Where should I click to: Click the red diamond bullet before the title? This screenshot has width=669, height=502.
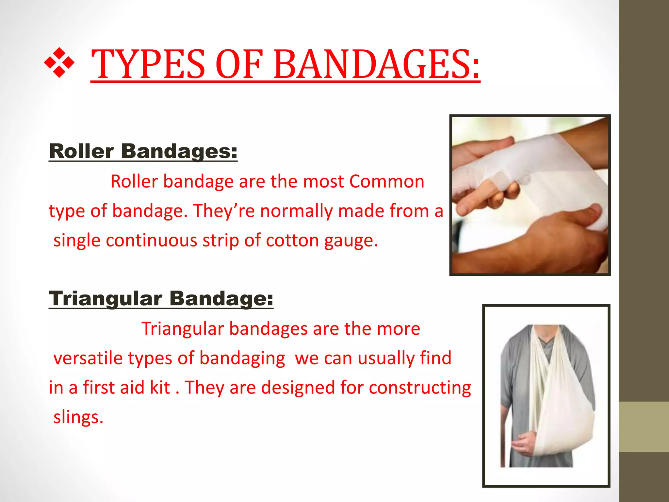click(59, 63)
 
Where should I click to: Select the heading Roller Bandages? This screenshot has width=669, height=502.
click(143, 151)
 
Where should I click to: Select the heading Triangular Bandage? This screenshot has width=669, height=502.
click(161, 298)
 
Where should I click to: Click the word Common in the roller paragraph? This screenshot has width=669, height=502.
click(387, 181)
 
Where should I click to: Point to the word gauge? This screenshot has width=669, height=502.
click(351, 241)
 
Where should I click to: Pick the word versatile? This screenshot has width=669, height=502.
click(88, 358)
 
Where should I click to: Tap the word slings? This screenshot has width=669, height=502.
click(78, 417)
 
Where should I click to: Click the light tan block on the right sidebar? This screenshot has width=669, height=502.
click(644, 427)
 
